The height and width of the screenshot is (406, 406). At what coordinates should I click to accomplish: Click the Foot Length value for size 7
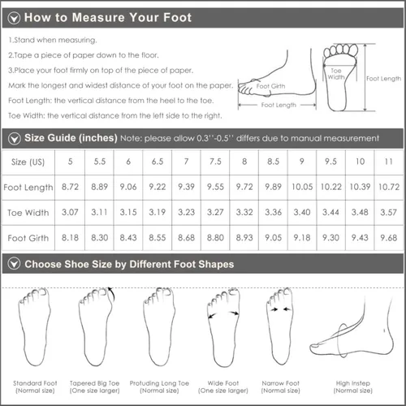[186, 187]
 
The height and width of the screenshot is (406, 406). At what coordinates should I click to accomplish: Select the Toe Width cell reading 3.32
[244, 212]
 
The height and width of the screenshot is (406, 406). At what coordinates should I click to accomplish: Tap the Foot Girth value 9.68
[389, 238]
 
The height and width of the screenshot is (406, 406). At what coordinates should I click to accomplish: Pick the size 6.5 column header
[158, 162]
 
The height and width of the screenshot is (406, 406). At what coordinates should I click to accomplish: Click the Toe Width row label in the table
[28, 213]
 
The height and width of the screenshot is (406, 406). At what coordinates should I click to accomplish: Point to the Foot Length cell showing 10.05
[302, 187]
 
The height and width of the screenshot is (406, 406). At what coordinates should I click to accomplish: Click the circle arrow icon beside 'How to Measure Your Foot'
[14, 18]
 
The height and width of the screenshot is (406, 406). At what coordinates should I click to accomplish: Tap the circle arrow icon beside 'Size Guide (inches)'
[14, 139]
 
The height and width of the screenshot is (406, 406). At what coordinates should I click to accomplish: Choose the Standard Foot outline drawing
[34, 327]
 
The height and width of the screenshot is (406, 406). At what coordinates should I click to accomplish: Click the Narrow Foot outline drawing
[280, 326]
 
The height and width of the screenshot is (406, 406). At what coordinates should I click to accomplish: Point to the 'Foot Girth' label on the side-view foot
[270, 86]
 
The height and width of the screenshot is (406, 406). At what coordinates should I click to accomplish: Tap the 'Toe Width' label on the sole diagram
[336, 74]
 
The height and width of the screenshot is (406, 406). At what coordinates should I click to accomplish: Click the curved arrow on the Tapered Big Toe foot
[111, 294]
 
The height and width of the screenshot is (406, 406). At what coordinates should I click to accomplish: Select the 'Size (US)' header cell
[28, 162]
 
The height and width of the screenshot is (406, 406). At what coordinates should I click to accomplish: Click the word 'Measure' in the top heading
[98, 18]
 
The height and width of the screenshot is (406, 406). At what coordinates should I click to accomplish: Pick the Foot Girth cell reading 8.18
[70, 238]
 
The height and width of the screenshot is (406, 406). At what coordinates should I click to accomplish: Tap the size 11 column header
[389, 162]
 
